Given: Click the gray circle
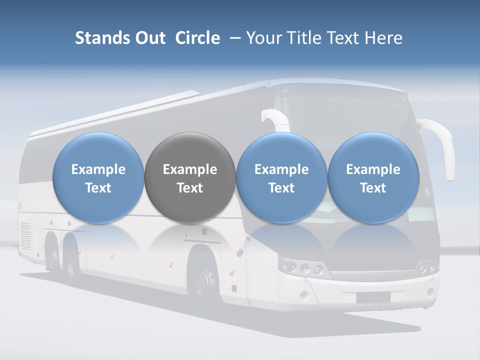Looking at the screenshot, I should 190,177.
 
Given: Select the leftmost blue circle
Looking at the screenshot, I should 98,177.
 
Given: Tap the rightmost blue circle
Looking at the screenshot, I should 373,177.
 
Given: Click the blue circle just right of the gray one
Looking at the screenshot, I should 281,177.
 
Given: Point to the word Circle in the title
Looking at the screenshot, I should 197,38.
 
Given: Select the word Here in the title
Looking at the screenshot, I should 383,38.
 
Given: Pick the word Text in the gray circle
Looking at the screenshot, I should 190,188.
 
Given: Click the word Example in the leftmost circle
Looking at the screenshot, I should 98,169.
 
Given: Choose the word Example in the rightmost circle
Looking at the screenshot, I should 373,169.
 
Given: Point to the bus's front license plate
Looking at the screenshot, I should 373,297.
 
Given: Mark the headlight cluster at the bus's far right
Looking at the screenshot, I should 428,267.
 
